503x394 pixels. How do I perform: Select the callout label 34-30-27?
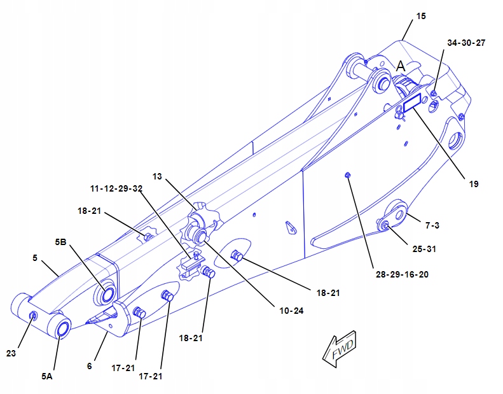466,43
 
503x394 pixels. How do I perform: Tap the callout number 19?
473,184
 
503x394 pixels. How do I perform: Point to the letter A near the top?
401,66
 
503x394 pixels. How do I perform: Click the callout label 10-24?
292,311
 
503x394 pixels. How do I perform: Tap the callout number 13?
158,175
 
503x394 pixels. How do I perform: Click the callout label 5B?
61,242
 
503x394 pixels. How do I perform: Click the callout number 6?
90,366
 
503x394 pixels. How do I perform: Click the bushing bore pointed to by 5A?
62,328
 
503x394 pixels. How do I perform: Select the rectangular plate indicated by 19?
413,101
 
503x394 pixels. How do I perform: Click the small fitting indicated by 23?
34,316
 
